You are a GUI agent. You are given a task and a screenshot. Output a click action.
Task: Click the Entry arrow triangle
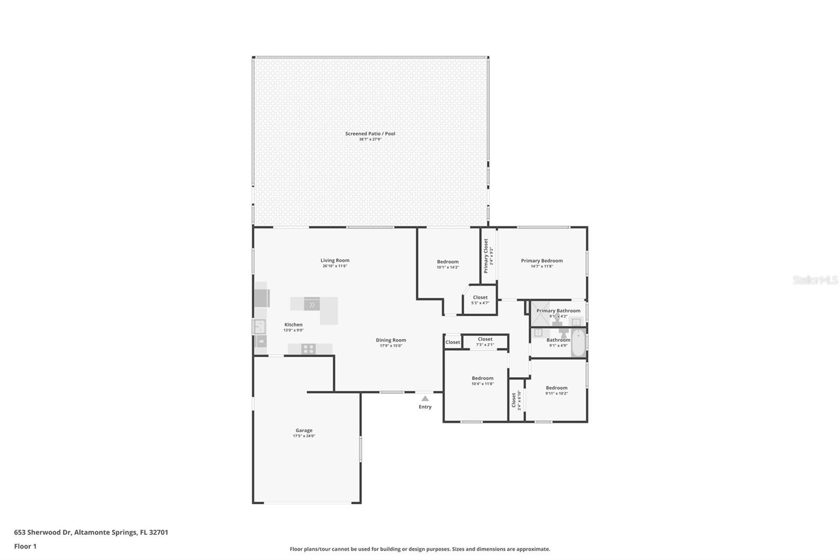coord(425,399)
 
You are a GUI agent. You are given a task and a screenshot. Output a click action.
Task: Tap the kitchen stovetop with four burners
coord(308,348)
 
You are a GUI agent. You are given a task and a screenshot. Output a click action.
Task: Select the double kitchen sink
coord(260,327)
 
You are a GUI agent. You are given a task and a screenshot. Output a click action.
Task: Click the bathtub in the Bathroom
coord(578,343)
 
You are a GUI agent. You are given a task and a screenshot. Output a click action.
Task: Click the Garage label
coord(303,430)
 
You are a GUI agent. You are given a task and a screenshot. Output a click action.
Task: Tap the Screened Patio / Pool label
coord(370,133)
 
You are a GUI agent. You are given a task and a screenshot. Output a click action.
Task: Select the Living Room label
coord(335,261)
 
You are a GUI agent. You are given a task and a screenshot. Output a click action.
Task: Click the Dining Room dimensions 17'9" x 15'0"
coord(391,346)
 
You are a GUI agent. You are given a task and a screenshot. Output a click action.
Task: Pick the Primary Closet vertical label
coord(486,256)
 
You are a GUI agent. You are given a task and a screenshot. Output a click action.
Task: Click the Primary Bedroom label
coord(541,261)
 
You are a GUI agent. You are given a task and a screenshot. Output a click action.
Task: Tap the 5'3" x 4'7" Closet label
coord(480,297)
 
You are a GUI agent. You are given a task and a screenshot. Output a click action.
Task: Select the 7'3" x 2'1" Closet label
coord(485,339)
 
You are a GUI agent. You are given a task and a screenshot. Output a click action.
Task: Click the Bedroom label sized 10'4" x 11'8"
coord(482,378)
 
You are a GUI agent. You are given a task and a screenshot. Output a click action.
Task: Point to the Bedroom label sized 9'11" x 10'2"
coord(556,388)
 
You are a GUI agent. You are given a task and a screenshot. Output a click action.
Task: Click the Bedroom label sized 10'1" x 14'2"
coord(447,262)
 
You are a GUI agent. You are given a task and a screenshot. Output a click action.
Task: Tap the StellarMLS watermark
coord(814,281)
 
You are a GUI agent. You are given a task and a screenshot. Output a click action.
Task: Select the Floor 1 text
coord(25,546)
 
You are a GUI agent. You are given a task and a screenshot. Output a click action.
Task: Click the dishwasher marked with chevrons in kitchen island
coord(311,304)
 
